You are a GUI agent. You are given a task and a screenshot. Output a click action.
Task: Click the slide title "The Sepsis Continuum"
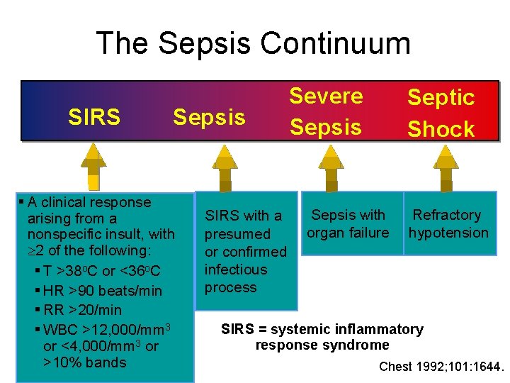coord(253,43)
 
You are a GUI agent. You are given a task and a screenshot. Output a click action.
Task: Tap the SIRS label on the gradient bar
coord(93,117)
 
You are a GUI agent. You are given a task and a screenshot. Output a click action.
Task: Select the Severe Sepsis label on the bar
coord(326,111)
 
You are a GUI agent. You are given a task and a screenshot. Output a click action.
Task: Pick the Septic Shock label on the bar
coord(441,113)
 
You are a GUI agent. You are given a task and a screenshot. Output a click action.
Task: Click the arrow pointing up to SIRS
coord(93,167)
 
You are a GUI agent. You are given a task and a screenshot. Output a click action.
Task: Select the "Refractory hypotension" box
coord(448,223)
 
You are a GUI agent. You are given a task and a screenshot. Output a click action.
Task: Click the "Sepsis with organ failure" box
coord(348,223)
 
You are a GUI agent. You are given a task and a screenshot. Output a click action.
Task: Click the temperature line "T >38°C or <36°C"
coord(101,272)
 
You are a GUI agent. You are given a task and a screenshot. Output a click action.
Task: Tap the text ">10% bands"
coord(84,362)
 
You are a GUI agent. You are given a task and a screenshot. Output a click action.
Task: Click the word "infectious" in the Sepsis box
coord(236,270)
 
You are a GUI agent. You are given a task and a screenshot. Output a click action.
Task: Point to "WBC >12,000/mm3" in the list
coord(106,330)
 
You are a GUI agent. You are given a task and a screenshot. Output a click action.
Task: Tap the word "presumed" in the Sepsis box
coord(237,234)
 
